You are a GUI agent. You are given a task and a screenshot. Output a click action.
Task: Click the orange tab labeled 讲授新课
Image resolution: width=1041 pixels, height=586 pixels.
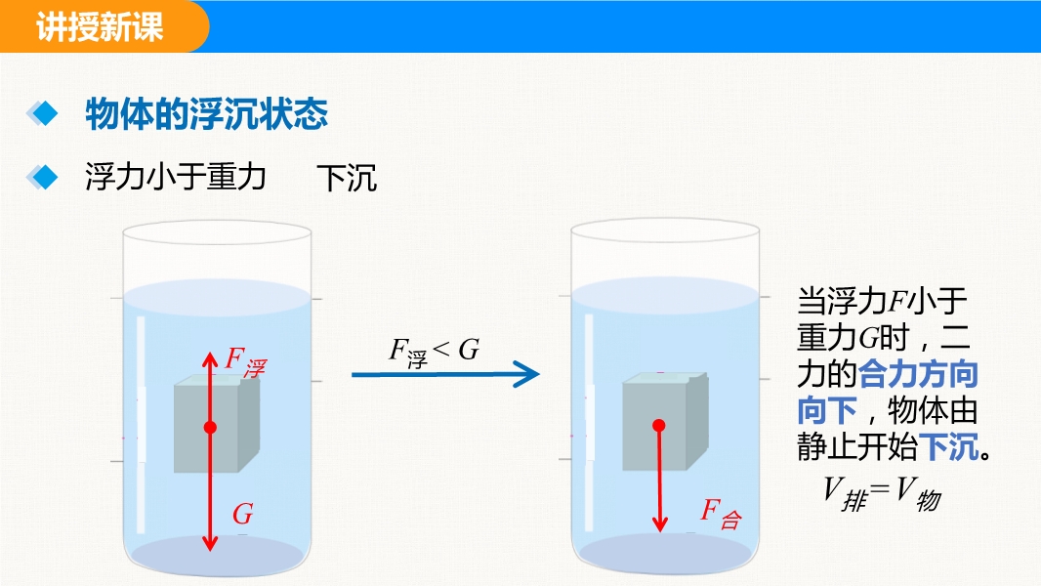coord(103,26)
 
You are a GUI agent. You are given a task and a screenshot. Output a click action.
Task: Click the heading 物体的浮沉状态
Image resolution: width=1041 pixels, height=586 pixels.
coord(206,114)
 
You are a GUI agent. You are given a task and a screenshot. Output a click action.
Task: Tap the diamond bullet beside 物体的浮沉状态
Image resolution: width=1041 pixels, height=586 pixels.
coord(43,113)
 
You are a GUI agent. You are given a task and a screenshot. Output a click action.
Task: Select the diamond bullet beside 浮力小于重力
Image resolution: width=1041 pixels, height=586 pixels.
coord(43,177)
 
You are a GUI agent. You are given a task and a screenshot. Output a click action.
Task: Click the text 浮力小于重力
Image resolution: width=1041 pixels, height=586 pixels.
coord(176,177)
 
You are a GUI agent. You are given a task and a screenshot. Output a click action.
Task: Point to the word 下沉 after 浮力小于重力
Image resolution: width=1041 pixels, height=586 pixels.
coord(347,178)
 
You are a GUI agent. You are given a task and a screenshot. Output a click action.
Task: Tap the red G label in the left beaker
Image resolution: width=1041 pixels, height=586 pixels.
coord(243,514)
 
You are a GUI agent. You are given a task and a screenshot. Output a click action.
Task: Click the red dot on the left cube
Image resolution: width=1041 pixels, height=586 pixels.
coord(210,428)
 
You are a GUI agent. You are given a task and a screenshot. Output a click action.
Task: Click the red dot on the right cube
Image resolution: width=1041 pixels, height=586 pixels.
coord(658,426)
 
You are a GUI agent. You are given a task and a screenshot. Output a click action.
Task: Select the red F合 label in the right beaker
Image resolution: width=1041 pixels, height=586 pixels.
coord(721,513)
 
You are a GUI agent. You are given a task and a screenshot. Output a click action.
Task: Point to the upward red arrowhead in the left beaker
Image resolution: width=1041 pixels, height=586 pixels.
coord(210,359)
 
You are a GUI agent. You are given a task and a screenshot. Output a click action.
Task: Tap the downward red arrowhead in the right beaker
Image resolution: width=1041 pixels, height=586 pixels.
coord(659,523)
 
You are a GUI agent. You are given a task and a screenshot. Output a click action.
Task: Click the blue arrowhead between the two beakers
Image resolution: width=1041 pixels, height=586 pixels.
coord(527,374)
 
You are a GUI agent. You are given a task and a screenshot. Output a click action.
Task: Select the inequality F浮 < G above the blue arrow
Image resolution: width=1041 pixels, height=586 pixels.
coord(435,353)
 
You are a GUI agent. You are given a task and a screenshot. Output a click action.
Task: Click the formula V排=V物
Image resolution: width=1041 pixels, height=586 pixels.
coord(883,494)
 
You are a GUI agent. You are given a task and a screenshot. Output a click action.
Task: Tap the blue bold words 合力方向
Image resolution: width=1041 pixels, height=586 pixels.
coord(919,374)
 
